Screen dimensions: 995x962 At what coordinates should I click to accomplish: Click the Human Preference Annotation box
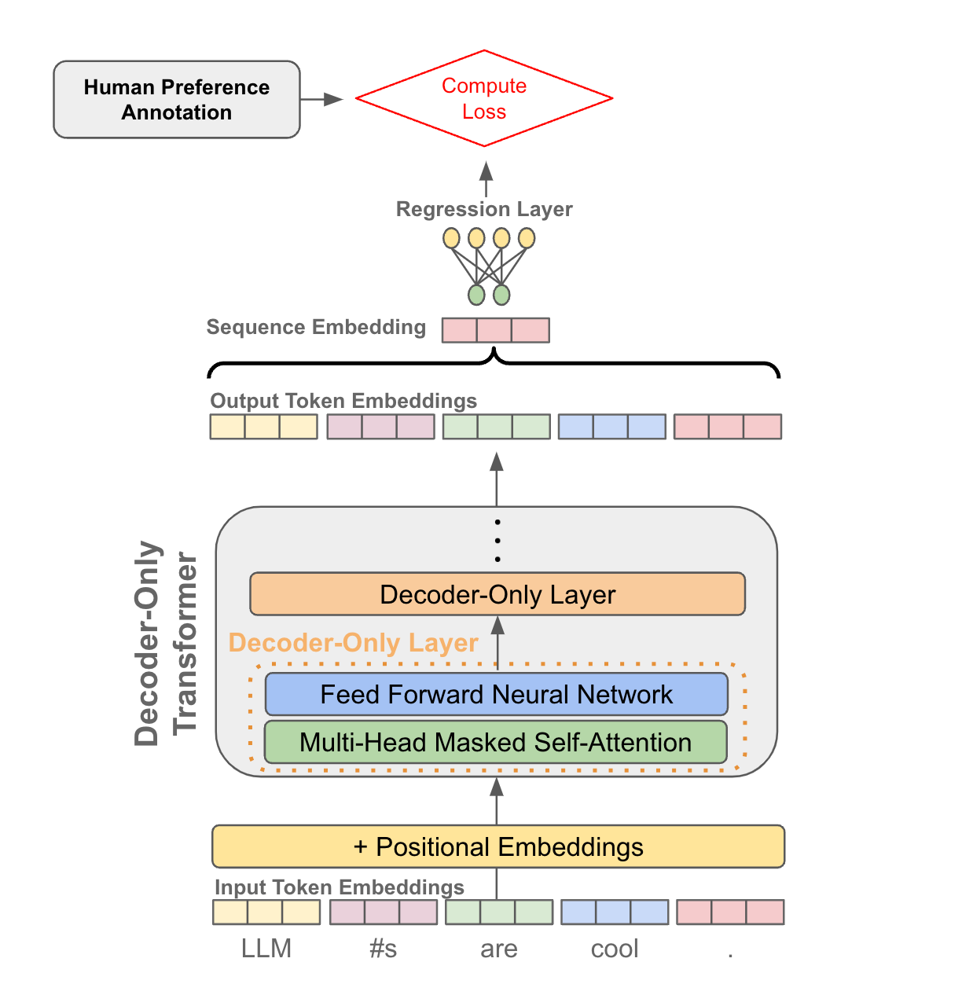tap(176, 100)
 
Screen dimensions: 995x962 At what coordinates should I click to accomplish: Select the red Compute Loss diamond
tap(484, 98)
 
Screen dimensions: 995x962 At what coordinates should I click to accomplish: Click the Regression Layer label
tap(484, 209)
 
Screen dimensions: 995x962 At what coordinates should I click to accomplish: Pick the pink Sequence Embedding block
tap(495, 330)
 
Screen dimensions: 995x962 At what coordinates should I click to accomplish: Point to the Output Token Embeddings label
tap(343, 401)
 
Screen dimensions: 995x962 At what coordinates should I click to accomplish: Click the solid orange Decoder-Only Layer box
tap(497, 594)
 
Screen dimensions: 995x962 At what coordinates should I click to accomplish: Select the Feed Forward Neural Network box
tap(496, 695)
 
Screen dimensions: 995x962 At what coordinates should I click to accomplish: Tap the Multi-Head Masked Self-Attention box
tap(495, 743)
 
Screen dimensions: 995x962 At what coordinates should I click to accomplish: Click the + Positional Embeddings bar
tap(498, 846)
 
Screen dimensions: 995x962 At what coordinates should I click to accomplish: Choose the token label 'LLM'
tap(266, 949)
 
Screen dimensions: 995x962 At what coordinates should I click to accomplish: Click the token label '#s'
tap(383, 949)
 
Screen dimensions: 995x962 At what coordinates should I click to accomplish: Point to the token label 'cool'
tap(615, 949)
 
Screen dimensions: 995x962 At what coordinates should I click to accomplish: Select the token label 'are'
tap(499, 949)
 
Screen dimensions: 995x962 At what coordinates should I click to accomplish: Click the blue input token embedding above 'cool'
tap(615, 912)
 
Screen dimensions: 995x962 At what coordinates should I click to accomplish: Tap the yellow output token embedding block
tap(263, 427)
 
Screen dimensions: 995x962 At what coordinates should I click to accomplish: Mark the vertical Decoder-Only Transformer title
tap(165, 643)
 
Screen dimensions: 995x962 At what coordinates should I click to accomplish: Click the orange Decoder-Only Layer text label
tap(353, 643)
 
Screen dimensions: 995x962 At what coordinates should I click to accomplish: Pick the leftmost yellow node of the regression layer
tap(451, 237)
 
